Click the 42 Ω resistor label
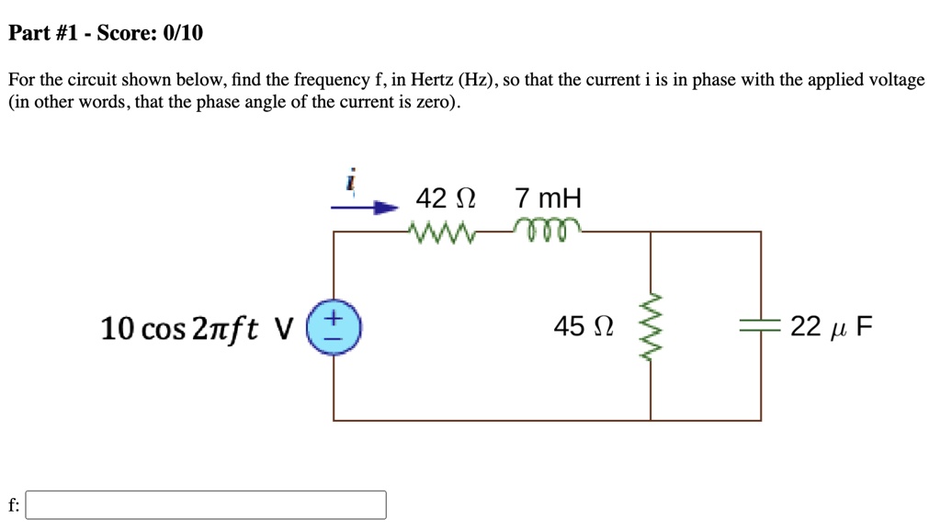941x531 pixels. [x=446, y=198]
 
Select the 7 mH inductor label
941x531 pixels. [x=549, y=198]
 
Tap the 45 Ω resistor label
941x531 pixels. [x=583, y=326]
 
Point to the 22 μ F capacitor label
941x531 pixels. [x=832, y=326]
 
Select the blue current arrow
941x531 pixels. [x=364, y=208]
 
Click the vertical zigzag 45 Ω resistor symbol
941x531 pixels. [x=652, y=326]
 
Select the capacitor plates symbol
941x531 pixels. [x=760, y=326]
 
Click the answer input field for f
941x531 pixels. [x=206, y=504]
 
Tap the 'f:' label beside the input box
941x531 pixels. [x=13, y=504]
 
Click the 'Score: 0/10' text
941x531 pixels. [x=150, y=33]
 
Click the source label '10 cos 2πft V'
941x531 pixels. [x=197, y=328]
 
